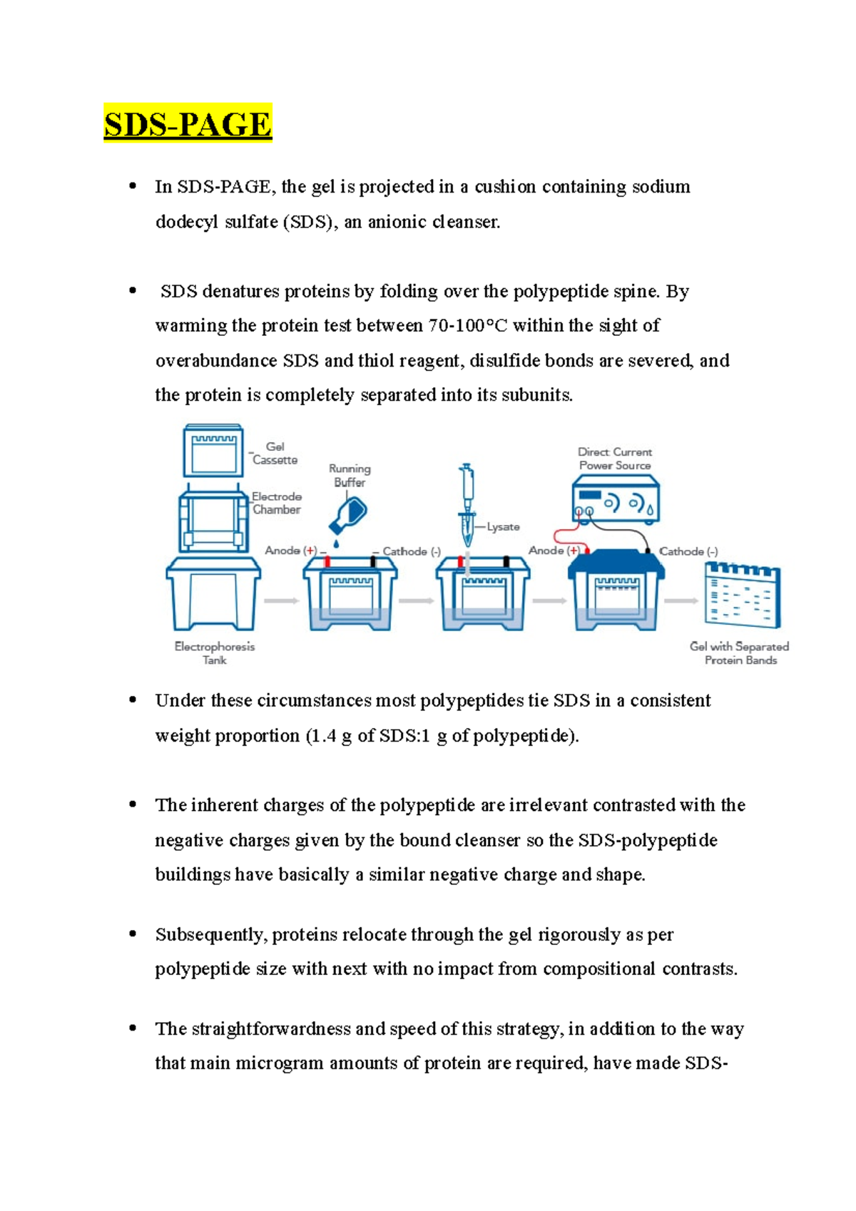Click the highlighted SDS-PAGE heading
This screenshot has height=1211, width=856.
point(188,124)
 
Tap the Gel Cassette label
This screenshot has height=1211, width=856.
point(275,454)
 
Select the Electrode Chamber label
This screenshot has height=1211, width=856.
point(276,503)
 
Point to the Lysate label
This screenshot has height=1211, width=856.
point(503,527)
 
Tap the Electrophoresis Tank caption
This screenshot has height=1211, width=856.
point(214,653)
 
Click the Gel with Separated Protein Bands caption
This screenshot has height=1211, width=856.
point(740,653)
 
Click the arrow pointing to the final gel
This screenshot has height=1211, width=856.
point(681,601)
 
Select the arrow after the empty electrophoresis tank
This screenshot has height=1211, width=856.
point(281,601)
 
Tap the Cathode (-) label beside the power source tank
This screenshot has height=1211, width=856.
point(688,551)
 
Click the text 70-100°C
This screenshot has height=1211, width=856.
point(467,326)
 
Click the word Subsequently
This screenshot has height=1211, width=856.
point(210,935)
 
